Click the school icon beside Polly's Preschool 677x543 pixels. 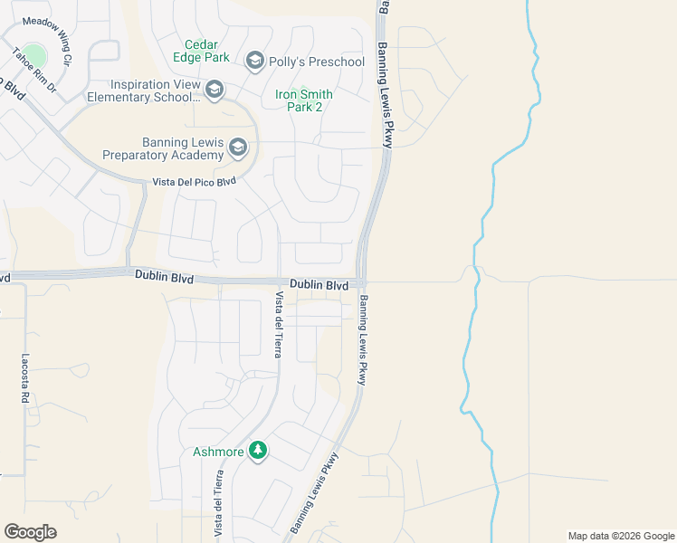[x=254, y=61]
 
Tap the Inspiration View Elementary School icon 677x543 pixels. [x=215, y=89]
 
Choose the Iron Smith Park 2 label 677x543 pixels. [x=303, y=100]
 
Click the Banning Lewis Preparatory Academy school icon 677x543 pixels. [x=238, y=147]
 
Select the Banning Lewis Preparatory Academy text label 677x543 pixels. [x=182, y=148]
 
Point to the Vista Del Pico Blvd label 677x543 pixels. [x=195, y=182]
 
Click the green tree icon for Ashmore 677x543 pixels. [x=258, y=451]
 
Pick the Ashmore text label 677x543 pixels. [x=219, y=452]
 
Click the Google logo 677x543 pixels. [x=30, y=532]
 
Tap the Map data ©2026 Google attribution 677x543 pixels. [x=620, y=536]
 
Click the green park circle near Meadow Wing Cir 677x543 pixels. [x=33, y=55]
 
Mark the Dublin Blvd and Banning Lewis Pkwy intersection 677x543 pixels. [x=362, y=281]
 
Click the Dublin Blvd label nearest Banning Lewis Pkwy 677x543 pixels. [x=319, y=285]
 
